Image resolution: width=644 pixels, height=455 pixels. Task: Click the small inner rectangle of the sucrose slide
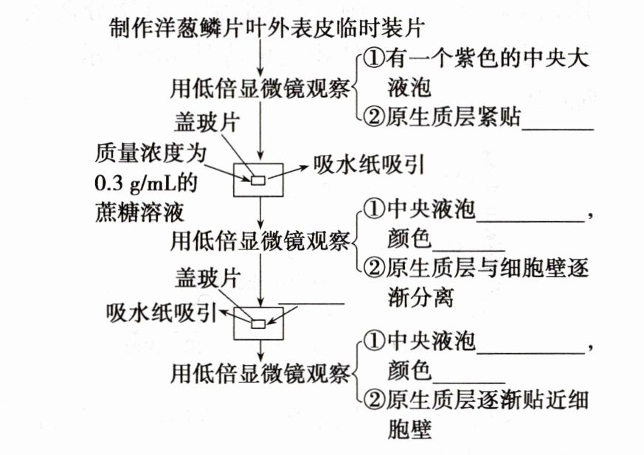(258, 180)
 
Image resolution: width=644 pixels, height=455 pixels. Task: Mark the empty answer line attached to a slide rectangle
(314, 302)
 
